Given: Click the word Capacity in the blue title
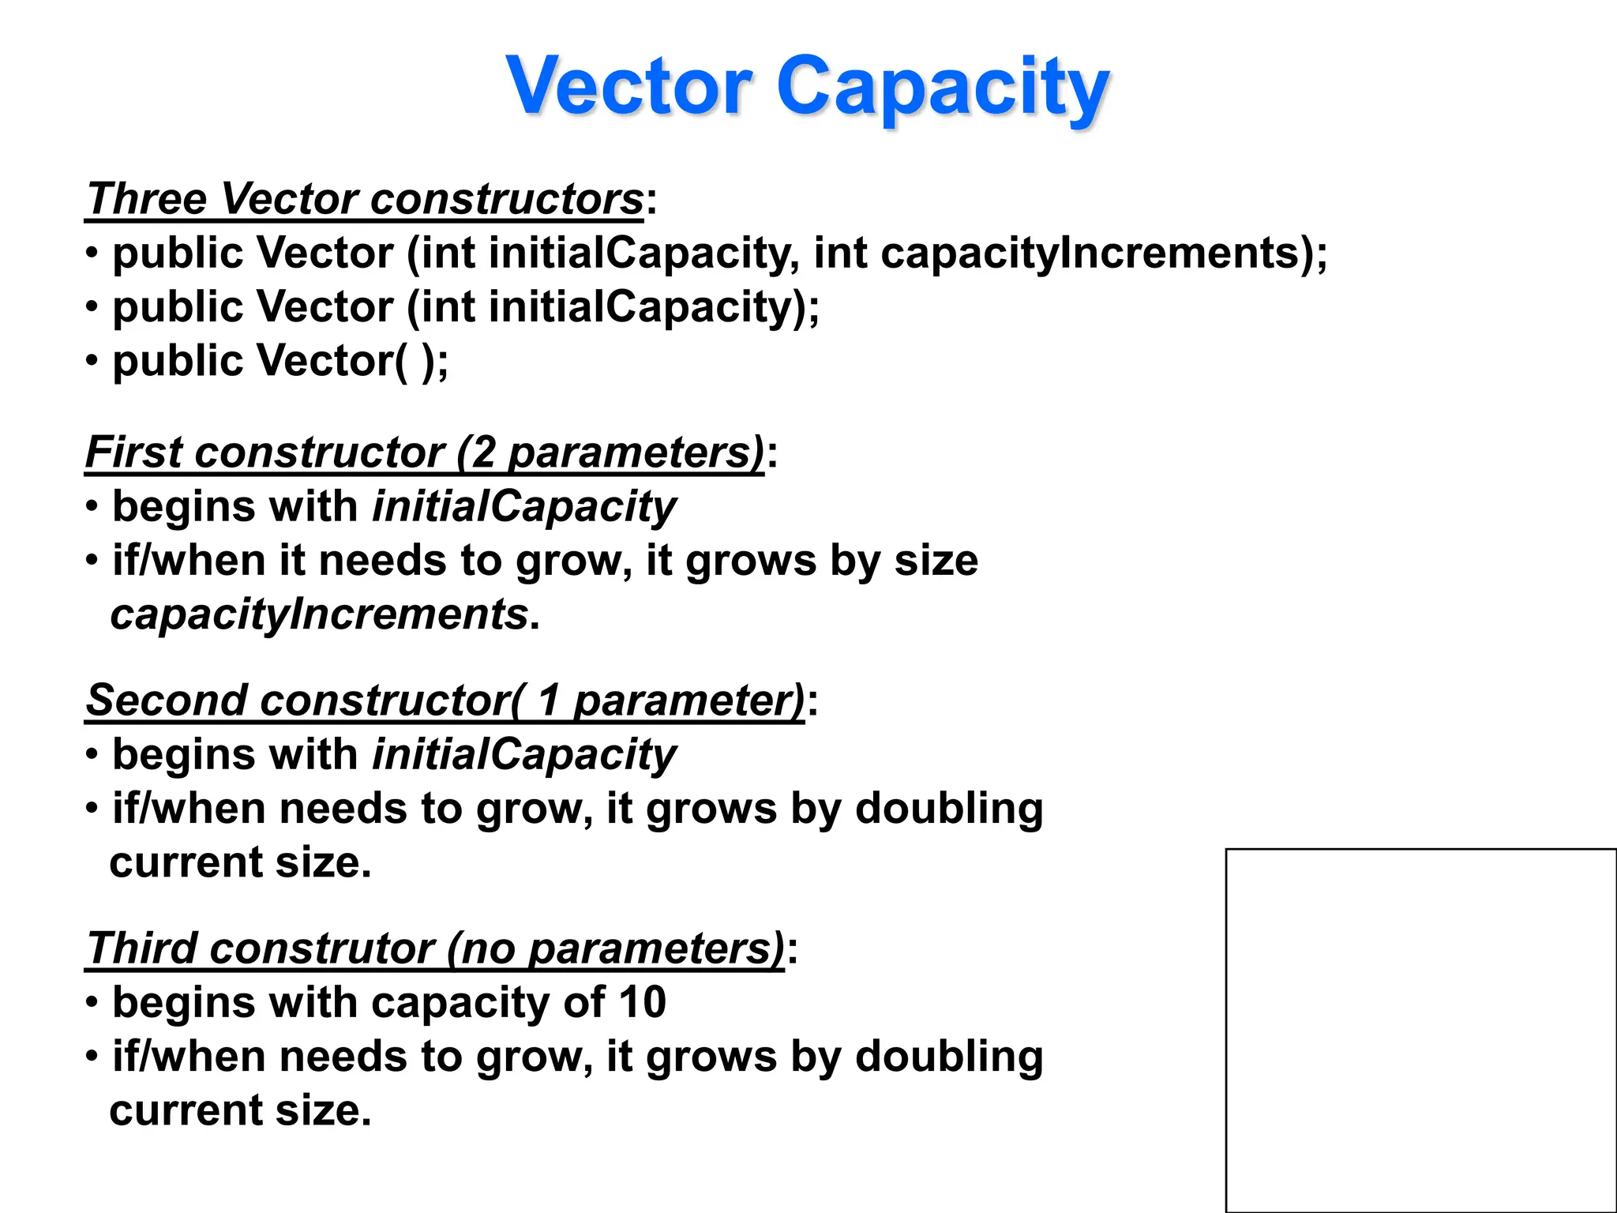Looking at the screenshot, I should (943, 87).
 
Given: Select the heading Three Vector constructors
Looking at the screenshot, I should (365, 198).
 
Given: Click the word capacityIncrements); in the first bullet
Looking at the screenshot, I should (1104, 253).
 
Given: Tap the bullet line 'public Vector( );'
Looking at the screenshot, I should (280, 361).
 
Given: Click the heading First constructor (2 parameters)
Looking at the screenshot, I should (425, 453).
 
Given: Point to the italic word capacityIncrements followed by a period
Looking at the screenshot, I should (319, 614).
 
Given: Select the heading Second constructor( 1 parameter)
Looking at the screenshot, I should (445, 700).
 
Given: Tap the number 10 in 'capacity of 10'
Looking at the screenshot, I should (642, 1002).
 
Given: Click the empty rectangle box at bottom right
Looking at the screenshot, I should (1420, 1030).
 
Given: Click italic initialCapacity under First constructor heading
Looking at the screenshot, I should (524, 506).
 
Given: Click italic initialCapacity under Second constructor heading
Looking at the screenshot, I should (524, 754).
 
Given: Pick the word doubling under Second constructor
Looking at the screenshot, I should (949, 809).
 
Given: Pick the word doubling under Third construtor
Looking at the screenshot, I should (949, 1057).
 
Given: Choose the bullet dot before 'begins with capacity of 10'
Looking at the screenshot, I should (93, 1002).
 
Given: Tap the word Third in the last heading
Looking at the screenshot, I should (141, 948).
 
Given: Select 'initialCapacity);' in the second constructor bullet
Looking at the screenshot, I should (654, 307).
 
